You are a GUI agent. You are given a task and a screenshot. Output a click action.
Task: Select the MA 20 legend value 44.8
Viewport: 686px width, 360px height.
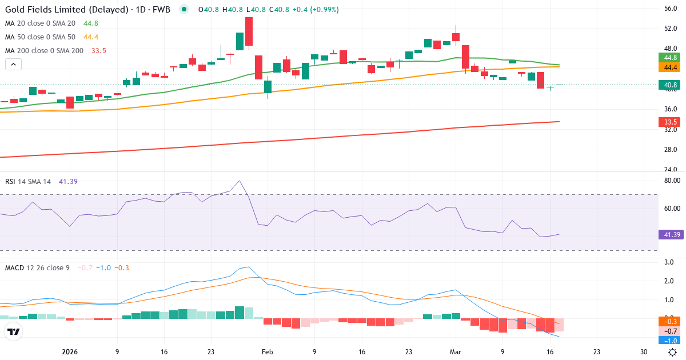click(x=91, y=23)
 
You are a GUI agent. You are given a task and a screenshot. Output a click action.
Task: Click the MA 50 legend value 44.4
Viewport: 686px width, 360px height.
click(x=91, y=37)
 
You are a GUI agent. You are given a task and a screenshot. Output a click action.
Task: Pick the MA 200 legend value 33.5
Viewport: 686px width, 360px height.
click(x=99, y=51)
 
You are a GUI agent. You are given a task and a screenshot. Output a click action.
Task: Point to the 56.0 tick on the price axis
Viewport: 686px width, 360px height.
click(x=671, y=9)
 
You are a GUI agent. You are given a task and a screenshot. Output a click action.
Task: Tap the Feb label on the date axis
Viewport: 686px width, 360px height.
click(x=267, y=352)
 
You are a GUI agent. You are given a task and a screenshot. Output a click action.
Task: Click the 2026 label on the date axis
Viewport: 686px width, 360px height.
click(x=69, y=352)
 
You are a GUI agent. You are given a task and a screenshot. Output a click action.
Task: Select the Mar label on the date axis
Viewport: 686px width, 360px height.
click(x=456, y=352)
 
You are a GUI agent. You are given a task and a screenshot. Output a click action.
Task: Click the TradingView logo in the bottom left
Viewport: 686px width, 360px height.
click(x=14, y=331)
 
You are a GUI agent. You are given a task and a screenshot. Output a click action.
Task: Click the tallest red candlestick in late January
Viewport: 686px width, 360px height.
click(x=249, y=31)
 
